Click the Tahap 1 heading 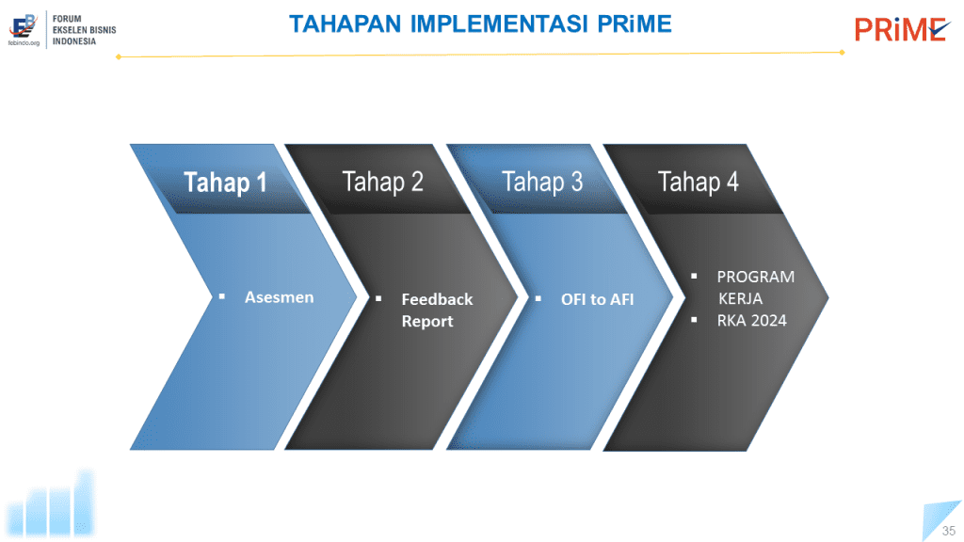coord(225,183)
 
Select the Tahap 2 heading coord(382,182)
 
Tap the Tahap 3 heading coord(541,182)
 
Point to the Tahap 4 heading coord(698,182)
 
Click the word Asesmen coord(279,297)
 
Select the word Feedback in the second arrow coord(437,299)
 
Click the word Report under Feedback coord(427,322)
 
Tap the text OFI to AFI coord(597,299)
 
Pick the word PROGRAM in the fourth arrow coord(756,277)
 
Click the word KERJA coord(741,298)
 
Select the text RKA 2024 coord(752,320)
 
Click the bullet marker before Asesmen coord(222,296)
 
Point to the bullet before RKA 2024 coord(694,320)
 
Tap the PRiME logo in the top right coord(902,29)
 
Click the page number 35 coord(949,531)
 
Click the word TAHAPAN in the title coord(345,24)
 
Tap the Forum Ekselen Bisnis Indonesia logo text coord(84,30)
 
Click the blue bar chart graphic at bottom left coord(51,504)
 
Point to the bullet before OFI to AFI coord(538,298)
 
